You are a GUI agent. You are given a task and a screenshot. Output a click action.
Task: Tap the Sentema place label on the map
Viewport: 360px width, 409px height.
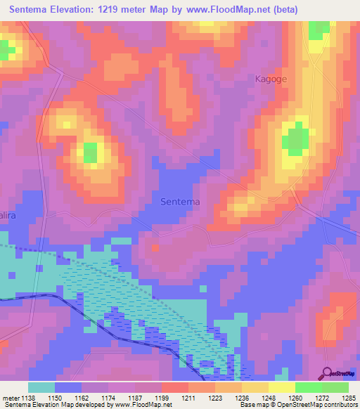(180, 202)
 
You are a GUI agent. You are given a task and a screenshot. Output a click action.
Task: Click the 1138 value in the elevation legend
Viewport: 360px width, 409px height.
(30, 398)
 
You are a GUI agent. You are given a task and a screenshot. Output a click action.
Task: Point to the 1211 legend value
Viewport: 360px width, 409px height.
(188, 398)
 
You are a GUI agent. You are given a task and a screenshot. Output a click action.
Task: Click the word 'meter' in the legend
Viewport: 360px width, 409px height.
(11, 398)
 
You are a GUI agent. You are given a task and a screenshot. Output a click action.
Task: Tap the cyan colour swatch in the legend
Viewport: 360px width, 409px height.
(41, 387)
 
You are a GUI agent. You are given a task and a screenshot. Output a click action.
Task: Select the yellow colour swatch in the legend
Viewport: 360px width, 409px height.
(281, 387)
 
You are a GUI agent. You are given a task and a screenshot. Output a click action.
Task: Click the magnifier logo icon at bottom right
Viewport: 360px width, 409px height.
(328, 374)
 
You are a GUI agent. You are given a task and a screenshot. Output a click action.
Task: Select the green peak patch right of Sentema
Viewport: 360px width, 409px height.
(295, 139)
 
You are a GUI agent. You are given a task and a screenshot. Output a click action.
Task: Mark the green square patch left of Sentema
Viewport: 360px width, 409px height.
(91, 152)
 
